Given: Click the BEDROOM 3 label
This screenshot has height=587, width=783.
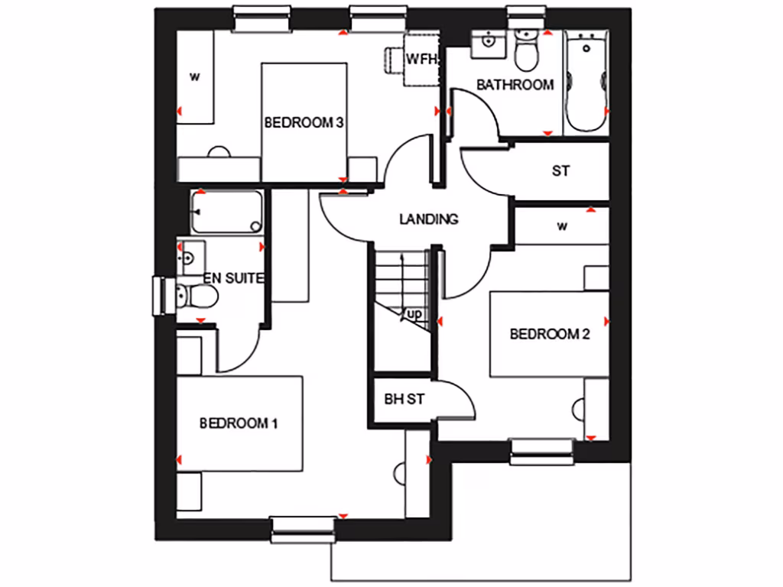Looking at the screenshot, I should pyautogui.click(x=303, y=122).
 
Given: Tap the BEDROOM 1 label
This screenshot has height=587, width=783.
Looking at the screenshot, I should pyautogui.click(x=238, y=423).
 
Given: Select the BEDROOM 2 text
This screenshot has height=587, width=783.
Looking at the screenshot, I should pyautogui.click(x=550, y=333).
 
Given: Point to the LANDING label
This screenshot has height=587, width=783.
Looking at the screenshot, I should pyautogui.click(x=429, y=219).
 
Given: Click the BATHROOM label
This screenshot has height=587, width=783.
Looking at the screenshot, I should pyautogui.click(x=515, y=85).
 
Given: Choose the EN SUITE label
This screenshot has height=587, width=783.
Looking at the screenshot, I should pyautogui.click(x=233, y=279).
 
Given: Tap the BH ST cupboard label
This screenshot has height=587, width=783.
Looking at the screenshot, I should pyautogui.click(x=404, y=399).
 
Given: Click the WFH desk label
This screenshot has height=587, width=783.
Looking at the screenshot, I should pyautogui.click(x=421, y=59).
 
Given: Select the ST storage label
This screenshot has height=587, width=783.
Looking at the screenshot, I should pyautogui.click(x=560, y=171).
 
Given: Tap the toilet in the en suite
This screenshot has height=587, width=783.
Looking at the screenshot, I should pyautogui.click(x=188, y=294).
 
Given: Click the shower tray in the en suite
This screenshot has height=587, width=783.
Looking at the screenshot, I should pyautogui.click(x=226, y=212).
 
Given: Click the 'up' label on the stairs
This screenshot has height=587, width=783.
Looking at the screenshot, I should pyautogui.click(x=414, y=314).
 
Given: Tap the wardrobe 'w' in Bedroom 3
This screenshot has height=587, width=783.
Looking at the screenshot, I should pyautogui.click(x=195, y=76).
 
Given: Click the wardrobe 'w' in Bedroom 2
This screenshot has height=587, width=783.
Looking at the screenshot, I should pyautogui.click(x=562, y=226).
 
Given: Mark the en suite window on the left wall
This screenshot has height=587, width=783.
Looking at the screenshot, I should pyautogui.click(x=160, y=295).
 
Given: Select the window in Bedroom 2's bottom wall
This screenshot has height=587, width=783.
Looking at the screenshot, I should pyautogui.click(x=541, y=451).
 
